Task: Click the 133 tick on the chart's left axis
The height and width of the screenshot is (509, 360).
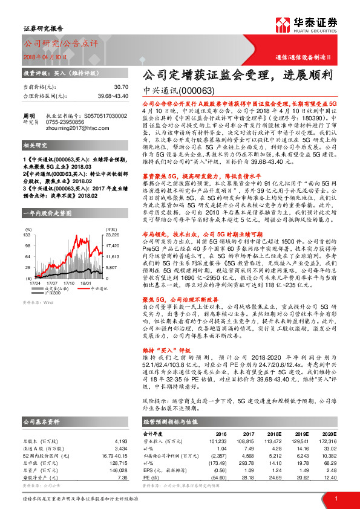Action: pos(28,218)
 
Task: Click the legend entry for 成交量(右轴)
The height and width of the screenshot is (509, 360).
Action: pos(55,271)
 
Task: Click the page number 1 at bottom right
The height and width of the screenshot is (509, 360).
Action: pos(335,498)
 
